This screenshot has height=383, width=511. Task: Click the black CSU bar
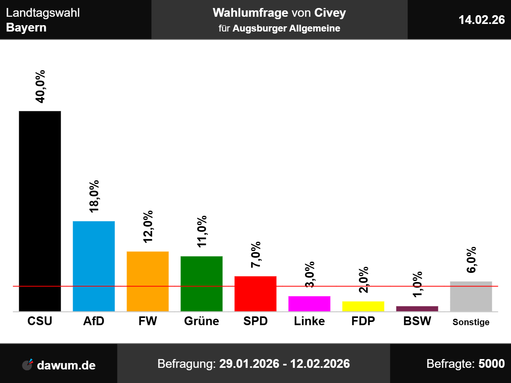[x=40, y=211]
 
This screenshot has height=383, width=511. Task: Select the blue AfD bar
[x=94, y=266]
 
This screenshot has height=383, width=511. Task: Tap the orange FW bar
[x=148, y=281]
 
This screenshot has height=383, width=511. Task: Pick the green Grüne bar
[x=202, y=284]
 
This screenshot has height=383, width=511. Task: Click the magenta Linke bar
[x=309, y=304]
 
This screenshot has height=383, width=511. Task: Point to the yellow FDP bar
[x=363, y=306]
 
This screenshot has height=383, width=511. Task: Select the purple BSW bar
[x=417, y=309]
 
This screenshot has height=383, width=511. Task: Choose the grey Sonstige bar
[x=471, y=296]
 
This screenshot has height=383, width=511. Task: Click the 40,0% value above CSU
[x=40, y=87]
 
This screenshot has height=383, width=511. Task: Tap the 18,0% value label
[x=94, y=196]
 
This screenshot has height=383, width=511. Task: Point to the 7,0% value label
[x=256, y=255]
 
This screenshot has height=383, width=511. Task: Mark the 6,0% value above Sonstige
[x=471, y=260]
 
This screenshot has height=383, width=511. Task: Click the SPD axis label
[x=255, y=321]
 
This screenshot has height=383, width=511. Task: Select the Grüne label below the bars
[x=202, y=321]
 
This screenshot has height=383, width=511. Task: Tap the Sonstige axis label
[x=471, y=322]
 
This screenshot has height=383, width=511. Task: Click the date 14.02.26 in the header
[x=481, y=20]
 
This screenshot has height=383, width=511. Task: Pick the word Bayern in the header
[x=26, y=28]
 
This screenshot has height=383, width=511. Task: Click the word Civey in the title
[x=330, y=13]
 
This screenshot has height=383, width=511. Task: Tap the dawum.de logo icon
[x=28, y=364]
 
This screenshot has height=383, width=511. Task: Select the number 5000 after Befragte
[x=491, y=364]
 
